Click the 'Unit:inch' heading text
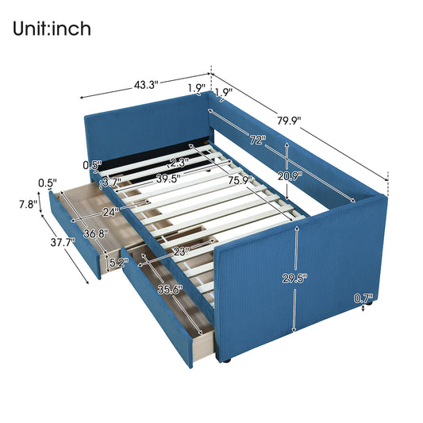coord(52,29)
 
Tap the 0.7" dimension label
coord(364,299)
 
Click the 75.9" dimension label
coord(239,180)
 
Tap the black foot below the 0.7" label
coord(366,317)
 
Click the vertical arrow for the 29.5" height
coord(295,278)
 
